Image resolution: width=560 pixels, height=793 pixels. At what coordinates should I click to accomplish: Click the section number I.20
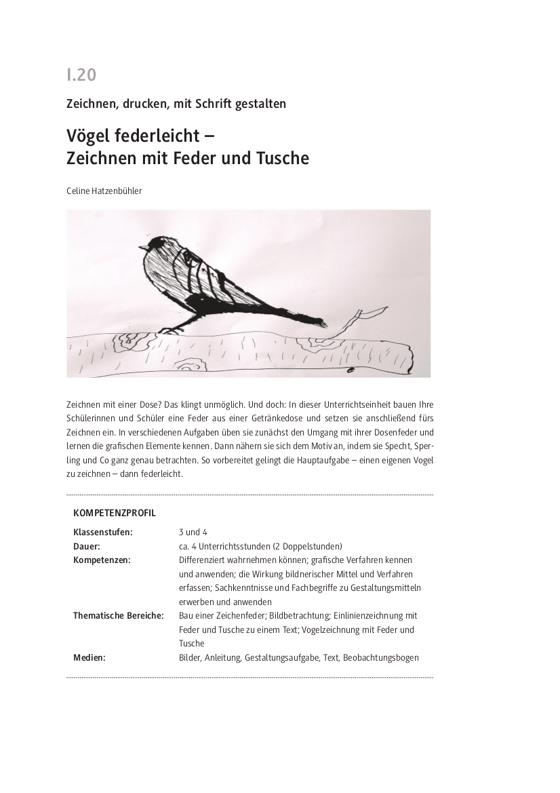point(81,75)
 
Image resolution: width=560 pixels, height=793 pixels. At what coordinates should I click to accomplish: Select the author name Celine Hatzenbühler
point(104,191)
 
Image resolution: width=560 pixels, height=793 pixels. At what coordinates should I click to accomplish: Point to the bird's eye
point(151,244)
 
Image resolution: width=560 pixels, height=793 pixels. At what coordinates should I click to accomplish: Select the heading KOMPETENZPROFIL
point(115,514)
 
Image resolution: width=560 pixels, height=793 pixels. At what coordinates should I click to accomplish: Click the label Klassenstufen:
point(103,533)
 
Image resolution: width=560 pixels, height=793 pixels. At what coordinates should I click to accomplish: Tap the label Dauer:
point(87,546)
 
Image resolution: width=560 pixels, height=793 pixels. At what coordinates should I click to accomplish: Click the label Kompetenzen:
point(102,560)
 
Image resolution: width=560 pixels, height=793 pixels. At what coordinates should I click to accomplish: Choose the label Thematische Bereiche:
point(119,615)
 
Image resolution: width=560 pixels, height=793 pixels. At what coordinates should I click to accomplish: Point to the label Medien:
point(89,657)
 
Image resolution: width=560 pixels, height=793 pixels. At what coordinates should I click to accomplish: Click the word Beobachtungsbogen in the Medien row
point(381,657)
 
